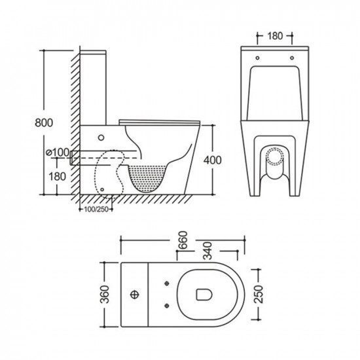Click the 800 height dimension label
tap(43, 122)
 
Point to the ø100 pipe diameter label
tap(57, 153)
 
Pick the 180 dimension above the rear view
tap(276, 36)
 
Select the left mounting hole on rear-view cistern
tap(257, 58)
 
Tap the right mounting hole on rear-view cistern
tap(292, 58)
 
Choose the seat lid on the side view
tap(160, 121)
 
